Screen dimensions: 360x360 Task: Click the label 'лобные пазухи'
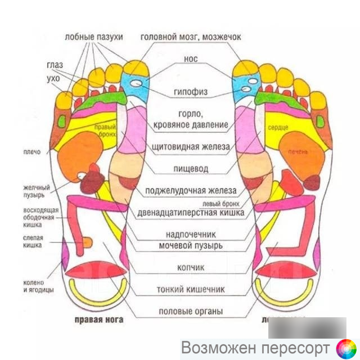[x=93, y=37]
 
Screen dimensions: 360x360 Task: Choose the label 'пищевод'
[x=191, y=168]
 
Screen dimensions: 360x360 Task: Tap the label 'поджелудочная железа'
[x=191, y=190]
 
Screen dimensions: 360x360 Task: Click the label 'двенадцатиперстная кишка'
[x=191, y=213]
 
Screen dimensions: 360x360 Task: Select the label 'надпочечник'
[x=191, y=233]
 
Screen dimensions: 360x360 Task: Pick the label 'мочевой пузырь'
[x=191, y=246]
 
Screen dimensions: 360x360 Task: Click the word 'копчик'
[x=191, y=268]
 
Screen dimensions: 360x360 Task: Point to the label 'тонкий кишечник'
[x=191, y=290]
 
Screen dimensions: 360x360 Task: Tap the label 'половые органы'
[x=191, y=311]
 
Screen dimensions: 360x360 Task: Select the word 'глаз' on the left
[x=55, y=65]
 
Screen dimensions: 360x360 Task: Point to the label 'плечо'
[x=31, y=152]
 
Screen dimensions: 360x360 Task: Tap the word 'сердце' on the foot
[x=278, y=128]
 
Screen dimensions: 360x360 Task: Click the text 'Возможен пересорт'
[x=256, y=345]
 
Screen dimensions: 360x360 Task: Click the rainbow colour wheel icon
[x=345, y=346]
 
